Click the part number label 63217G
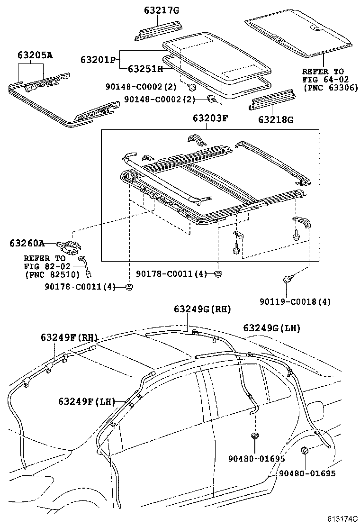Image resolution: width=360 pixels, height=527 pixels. [x=158, y=10]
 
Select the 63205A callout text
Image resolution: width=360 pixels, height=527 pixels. [x=36, y=55]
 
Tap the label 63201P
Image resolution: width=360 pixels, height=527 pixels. [x=98, y=60]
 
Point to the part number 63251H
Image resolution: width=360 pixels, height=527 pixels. [x=145, y=70]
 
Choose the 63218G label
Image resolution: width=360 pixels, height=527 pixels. [x=276, y=119]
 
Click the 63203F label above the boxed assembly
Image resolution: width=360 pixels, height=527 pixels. [x=210, y=118]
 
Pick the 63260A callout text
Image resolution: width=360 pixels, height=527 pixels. [x=27, y=244]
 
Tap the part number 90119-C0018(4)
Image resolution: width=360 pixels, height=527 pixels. [x=295, y=301]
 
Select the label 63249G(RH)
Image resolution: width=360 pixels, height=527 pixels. [x=202, y=309]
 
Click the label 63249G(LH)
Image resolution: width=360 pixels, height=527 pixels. [x=272, y=327]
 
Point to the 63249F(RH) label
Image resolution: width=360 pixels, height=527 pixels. [x=69, y=337]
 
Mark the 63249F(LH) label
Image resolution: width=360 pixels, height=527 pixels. [x=87, y=401]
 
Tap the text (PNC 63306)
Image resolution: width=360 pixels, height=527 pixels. [x=330, y=88]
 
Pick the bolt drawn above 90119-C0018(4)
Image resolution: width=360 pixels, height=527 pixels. [x=288, y=279]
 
